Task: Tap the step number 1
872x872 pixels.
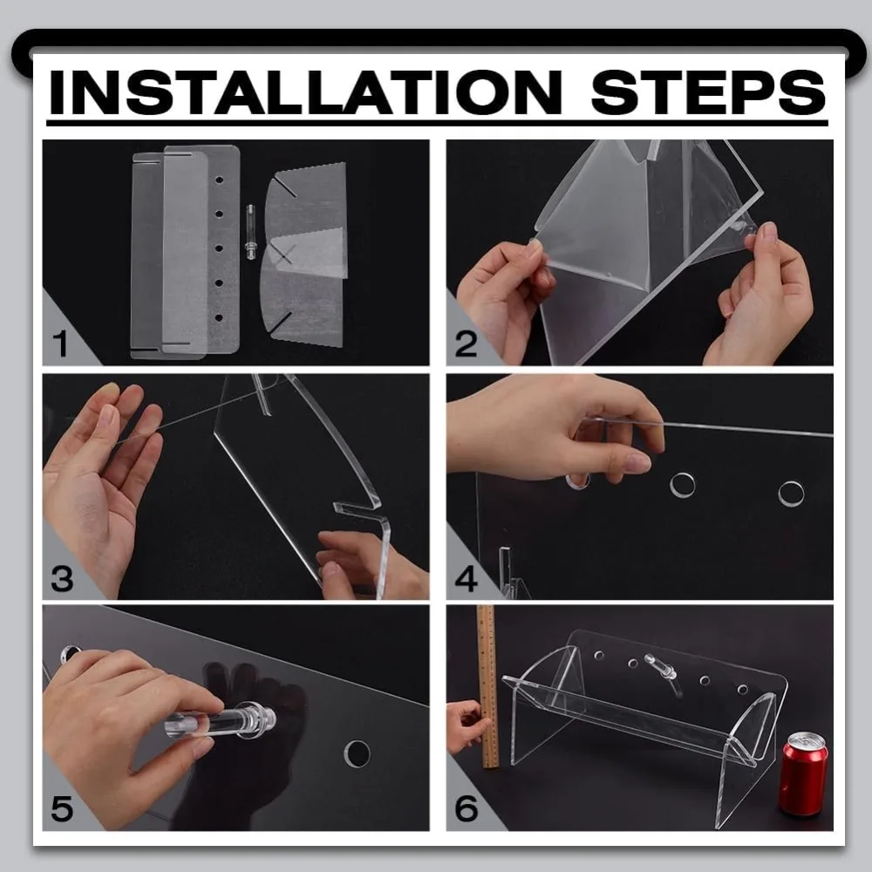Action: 60,344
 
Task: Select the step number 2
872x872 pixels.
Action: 466,344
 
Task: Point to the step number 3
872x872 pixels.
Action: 62,578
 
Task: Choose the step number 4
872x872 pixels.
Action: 466,578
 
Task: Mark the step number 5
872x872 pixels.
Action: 62,808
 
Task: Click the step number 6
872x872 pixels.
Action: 466,808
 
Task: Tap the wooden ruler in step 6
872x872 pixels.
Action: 487,687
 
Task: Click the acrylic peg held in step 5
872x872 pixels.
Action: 221,721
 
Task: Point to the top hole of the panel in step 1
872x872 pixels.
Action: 219,181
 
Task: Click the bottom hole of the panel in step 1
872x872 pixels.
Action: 219,317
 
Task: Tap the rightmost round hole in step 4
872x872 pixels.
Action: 791,494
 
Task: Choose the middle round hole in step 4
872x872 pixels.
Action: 683,485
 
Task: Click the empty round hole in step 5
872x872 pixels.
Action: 357,753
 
